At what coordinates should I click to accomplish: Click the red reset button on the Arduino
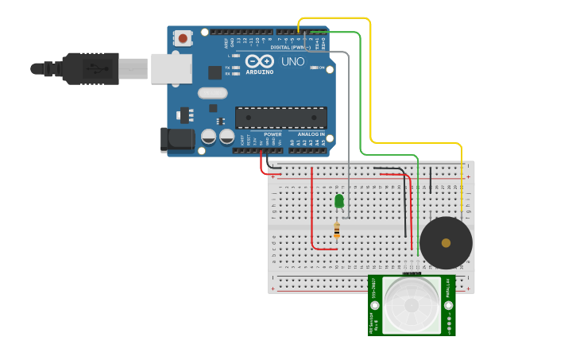(x=184, y=37)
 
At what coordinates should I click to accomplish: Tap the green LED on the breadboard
(x=339, y=201)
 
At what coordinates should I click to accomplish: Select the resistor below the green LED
(x=337, y=230)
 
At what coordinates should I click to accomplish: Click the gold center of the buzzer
(x=446, y=243)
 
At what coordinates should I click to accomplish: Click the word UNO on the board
(x=292, y=61)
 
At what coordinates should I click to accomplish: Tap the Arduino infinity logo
(x=260, y=61)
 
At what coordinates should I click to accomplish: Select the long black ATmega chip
(x=280, y=118)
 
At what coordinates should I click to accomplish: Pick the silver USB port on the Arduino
(x=172, y=68)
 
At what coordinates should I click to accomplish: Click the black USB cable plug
(x=91, y=68)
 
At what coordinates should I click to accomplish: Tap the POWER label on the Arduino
(x=273, y=134)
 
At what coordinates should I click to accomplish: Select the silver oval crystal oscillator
(x=213, y=93)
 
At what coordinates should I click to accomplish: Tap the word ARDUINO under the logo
(x=260, y=72)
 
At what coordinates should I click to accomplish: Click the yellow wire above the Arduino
(x=334, y=17)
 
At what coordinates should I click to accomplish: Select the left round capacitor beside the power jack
(x=208, y=137)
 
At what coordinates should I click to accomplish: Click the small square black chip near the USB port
(x=215, y=72)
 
